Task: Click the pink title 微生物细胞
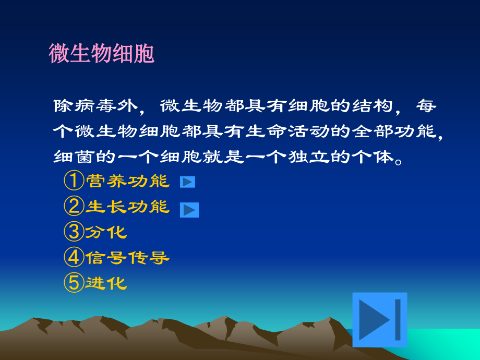[x=102, y=54]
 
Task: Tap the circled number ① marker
[x=74, y=181]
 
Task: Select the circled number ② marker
[x=74, y=206]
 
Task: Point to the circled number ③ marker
[x=74, y=231]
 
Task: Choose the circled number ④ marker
[x=74, y=257]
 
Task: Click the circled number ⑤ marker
[x=74, y=282]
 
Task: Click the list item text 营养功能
[x=127, y=181]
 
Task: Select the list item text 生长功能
[x=127, y=207]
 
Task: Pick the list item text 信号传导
[x=127, y=257]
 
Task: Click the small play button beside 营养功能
[x=187, y=182]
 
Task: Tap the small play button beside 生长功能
[x=189, y=210]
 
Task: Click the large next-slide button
[x=379, y=320]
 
